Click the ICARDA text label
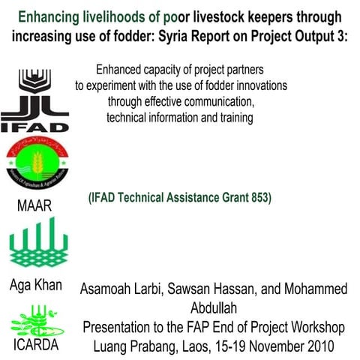35,347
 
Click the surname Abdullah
218,308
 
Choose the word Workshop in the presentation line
318,327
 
